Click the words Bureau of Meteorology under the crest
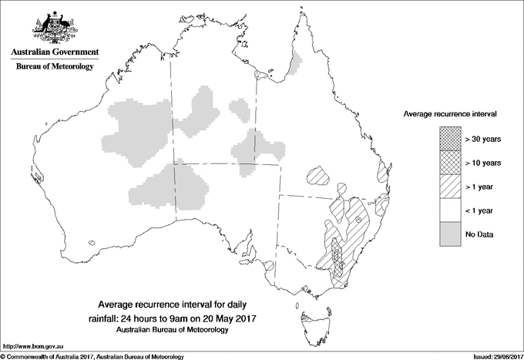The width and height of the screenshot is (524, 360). click(54, 67)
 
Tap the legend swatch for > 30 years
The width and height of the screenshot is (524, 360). click(449, 139)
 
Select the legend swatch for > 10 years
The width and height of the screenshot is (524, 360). click(449, 163)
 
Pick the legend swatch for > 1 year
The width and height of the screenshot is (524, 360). click(449, 187)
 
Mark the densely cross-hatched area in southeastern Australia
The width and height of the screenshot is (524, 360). click(337, 258)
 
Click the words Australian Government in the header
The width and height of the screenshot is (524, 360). click(54, 52)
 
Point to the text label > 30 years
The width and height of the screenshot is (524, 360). click(484, 139)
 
